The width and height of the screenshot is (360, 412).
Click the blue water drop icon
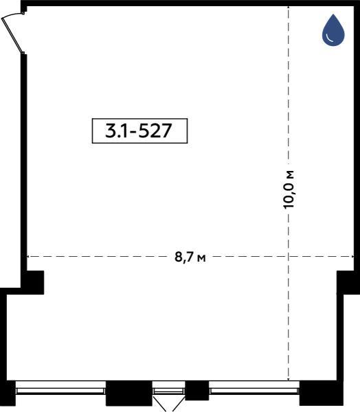coord(333,30)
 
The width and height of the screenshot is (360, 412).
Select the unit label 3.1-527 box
coord(139,131)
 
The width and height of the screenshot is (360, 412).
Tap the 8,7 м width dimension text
coord(190,257)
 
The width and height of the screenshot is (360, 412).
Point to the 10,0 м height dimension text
coord(289,190)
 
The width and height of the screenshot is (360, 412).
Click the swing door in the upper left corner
coord(12,34)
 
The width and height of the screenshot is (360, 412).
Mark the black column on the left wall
coord(32,282)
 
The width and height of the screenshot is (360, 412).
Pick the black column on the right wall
coord(348,282)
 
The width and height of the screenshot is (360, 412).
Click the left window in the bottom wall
coord(60,391)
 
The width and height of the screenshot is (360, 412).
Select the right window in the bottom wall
coord(254,391)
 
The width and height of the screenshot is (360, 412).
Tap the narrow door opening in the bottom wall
coord(168,391)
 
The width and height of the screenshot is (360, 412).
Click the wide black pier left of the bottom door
coord(129,393)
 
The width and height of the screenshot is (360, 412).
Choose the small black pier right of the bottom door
coord(197,391)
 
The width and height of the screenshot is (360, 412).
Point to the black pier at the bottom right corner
coord(322,393)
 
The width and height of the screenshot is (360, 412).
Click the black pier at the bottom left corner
coord(8,393)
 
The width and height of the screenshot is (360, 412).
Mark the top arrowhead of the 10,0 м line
coord(289,7)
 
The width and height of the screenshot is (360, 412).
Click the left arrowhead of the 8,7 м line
coord(28,256)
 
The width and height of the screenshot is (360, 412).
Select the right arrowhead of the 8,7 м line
coord(352,256)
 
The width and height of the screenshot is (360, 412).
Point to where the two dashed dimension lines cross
coord(289,256)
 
